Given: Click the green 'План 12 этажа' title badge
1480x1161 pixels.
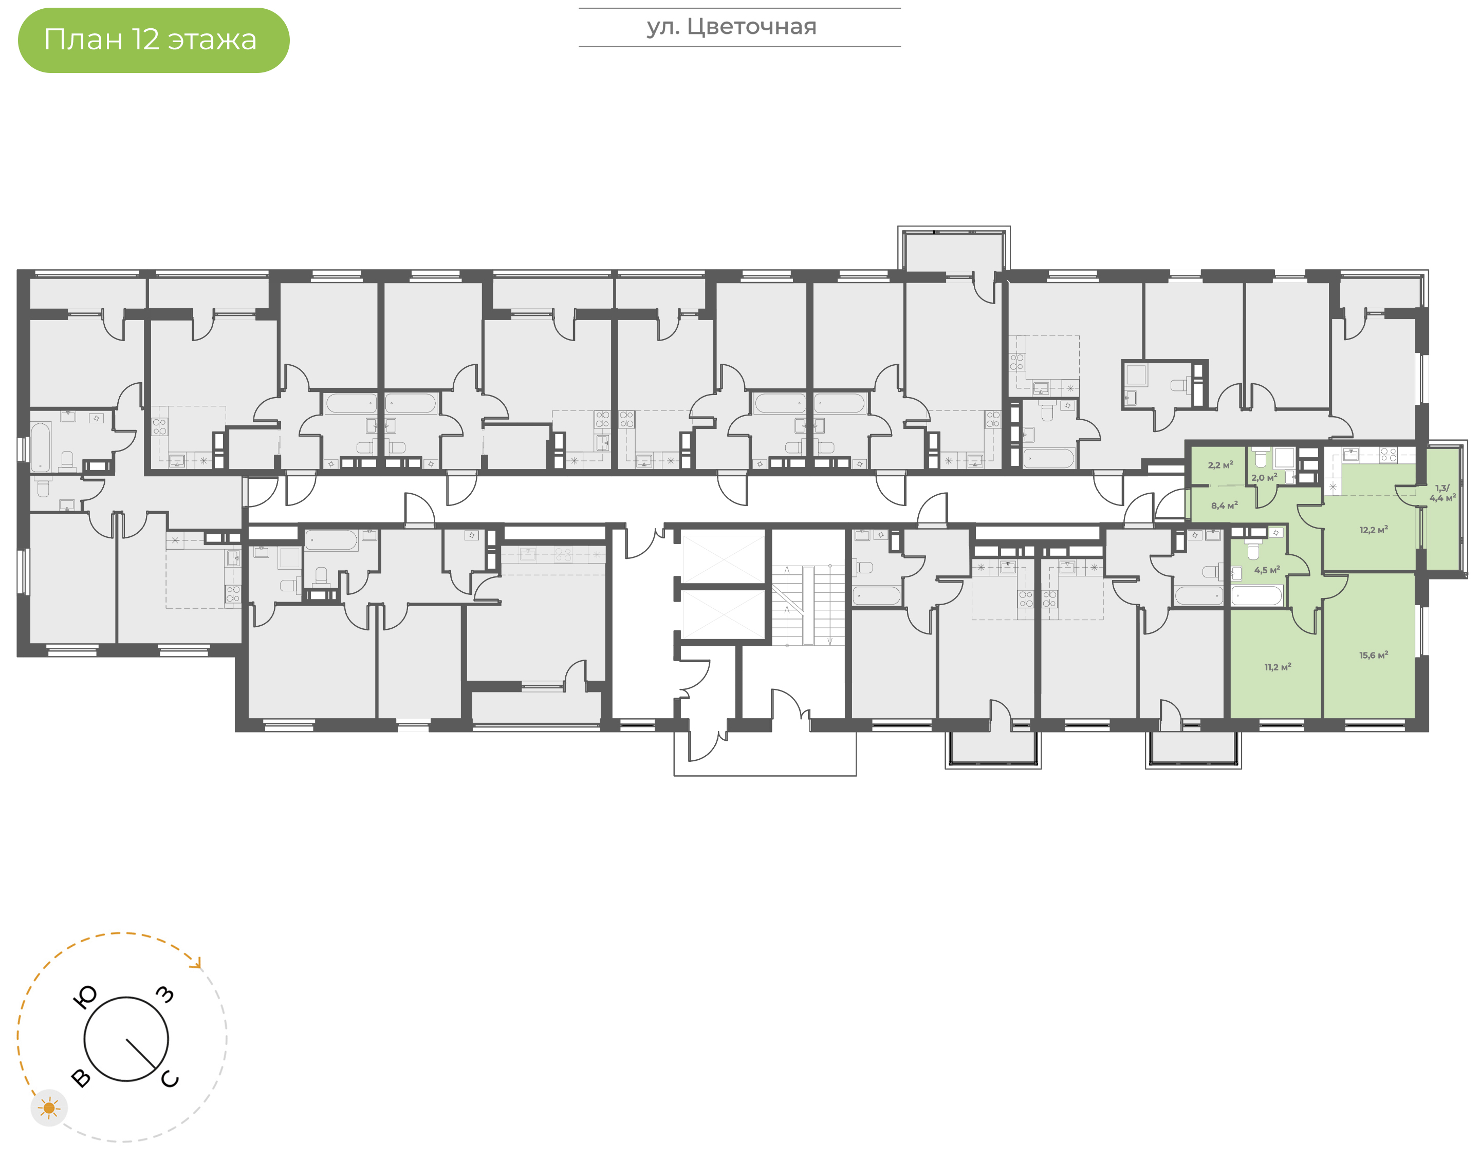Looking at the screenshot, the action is coord(153,40).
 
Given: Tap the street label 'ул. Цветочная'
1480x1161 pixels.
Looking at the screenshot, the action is coord(731,27).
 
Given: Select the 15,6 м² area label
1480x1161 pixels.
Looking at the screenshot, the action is coord(1373,656).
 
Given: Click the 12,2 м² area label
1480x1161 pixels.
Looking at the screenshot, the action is coord(1373,530).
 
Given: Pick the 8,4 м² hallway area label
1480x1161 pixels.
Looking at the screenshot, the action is coord(1224,505).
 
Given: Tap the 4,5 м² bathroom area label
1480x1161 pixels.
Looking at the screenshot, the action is coord(1267,570).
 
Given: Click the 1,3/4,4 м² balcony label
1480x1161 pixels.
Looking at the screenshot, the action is coord(1442,493).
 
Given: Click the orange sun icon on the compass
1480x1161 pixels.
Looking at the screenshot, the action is coord(49,1108).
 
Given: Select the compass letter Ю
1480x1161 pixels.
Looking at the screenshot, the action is coord(84,997).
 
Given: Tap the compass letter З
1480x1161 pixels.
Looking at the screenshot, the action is coord(165,995).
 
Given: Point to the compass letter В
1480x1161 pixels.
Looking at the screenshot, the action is coord(80,1078).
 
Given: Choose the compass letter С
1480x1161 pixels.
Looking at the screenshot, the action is coord(170,1079).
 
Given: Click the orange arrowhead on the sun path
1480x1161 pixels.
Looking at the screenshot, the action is coord(197,963).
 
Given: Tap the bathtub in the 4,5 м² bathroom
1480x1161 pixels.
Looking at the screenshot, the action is coord(1256,596).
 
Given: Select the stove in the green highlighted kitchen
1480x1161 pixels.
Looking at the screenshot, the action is coord(1387,455).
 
